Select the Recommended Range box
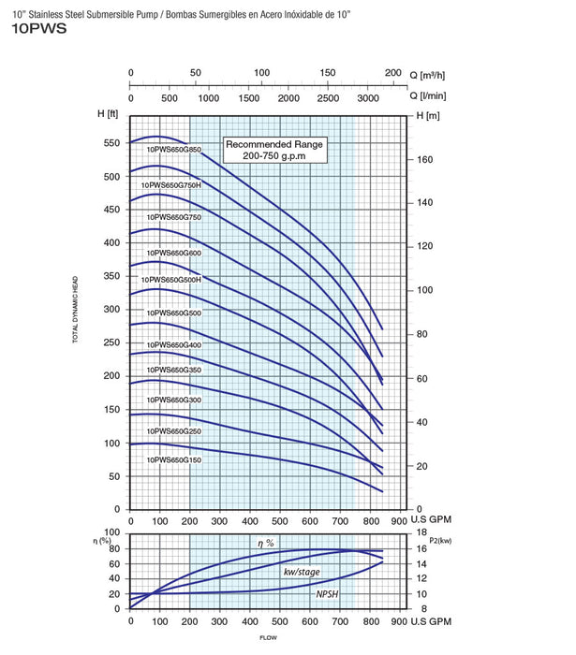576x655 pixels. [273, 149]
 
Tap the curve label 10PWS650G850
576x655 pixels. [174, 149]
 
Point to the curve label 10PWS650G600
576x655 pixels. [174, 253]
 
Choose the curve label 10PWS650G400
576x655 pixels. [174, 345]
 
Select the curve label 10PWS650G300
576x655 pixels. [174, 400]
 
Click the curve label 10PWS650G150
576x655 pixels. [174, 460]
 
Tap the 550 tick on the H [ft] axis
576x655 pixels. [112, 143]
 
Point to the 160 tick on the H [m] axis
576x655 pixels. [426, 160]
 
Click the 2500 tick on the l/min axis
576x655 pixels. [329, 97]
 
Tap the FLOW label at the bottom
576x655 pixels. [270, 638]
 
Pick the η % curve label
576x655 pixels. [268, 544]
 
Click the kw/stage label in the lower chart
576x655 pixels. [303, 571]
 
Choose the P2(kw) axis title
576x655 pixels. [438, 539]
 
